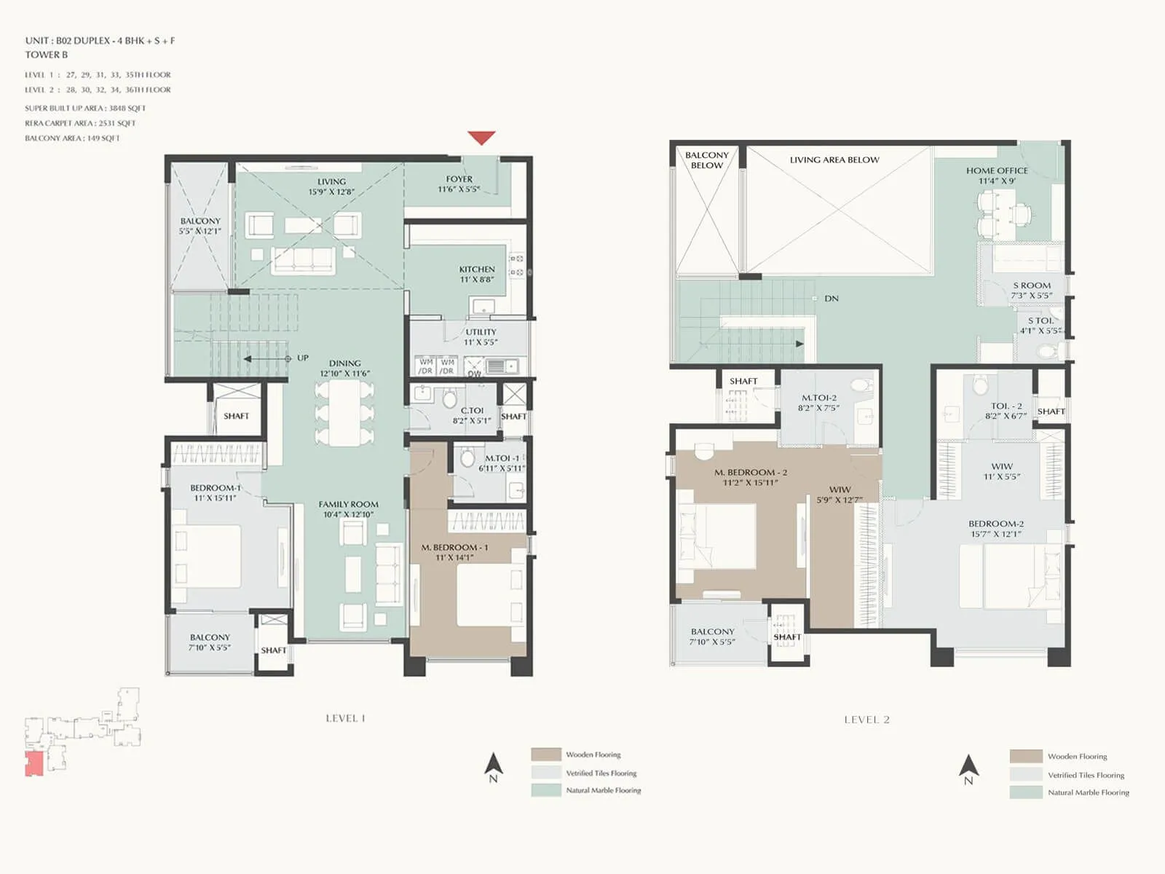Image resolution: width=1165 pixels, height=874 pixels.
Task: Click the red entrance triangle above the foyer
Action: pyautogui.click(x=481, y=137)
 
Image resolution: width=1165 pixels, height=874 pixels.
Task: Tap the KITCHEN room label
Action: pyautogui.click(x=477, y=274)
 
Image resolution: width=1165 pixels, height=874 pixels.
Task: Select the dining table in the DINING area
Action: pyautogui.click(x=344, y=413)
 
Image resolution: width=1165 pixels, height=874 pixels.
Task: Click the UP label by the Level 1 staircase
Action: pyautogui.click(x=302, y=358)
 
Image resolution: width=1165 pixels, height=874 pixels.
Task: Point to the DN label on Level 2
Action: pyautogui.click(x=832, y=299)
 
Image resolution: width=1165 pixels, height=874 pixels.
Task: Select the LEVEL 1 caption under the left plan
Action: pyautogui.click(x=345, y=718)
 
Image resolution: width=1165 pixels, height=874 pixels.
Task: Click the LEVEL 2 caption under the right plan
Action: pyautogui.click(x=866, y=720)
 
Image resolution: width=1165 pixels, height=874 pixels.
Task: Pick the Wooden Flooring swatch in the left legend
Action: pyautogui.click(x=546, y=755)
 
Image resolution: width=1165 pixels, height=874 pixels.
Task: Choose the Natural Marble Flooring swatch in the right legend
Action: pyautogui.click(x=1025, y=792)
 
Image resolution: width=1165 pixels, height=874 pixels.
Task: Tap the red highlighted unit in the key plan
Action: pyautogui.click(x=33, y=763)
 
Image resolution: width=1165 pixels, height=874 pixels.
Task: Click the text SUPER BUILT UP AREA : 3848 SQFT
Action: pyautogui.click(x=85, y=108)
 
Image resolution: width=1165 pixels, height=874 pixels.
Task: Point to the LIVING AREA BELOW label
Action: pyautogui.click(x=834, y=160)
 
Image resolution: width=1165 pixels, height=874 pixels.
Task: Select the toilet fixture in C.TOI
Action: pyautogui.click(x=449, y=398)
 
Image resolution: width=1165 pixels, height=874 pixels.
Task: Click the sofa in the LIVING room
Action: pyautogui.click(x=304, y=260)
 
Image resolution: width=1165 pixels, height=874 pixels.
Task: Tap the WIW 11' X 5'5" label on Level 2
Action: pyautogui.click(x=1002, y=471)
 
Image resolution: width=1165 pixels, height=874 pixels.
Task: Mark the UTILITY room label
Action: pyautogui.click(x=481, y=336)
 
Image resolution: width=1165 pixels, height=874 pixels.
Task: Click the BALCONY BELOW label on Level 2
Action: pyautogui.click(x=706, y=160)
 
